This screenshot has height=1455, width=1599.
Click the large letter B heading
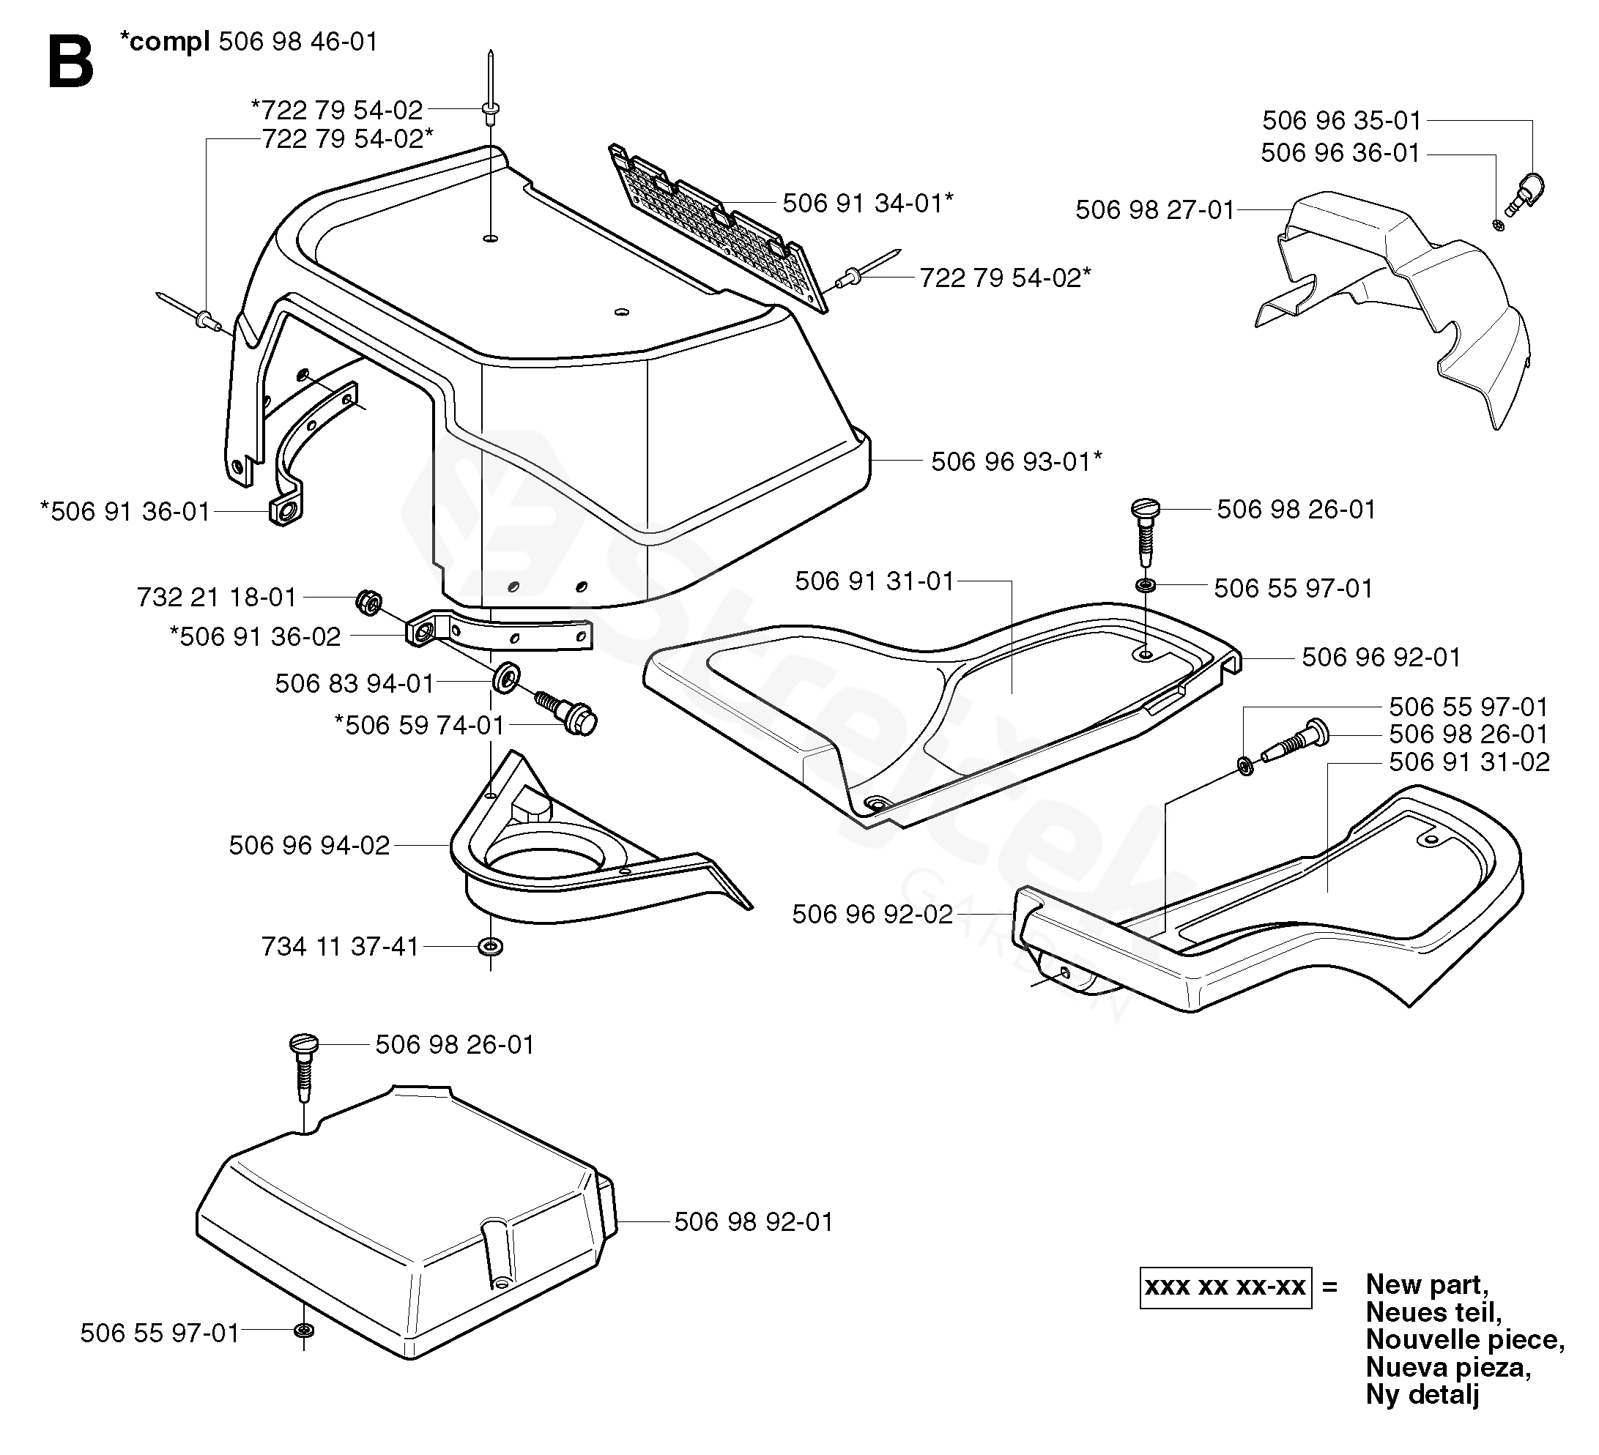[x=70, y=64]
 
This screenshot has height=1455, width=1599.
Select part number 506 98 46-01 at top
[x=298, y=41]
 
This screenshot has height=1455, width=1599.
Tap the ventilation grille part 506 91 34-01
[x=719, y=228]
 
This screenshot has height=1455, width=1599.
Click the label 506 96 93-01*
[x=1017, y=461]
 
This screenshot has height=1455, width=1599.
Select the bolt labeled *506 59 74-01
[x=566, y=710]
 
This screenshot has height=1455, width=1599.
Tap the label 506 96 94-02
[x=309, y=845]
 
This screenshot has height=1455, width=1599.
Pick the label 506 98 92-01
[x=754, y=1222]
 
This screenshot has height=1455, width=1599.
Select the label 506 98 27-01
[x=1155, y=209]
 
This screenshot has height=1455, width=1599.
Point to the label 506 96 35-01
[x=1342, y=121]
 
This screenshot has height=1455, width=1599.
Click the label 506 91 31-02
[x=1469, y=762]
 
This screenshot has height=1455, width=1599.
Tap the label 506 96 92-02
[x=872, y=915]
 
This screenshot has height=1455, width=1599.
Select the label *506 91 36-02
[x=255, y=636]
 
